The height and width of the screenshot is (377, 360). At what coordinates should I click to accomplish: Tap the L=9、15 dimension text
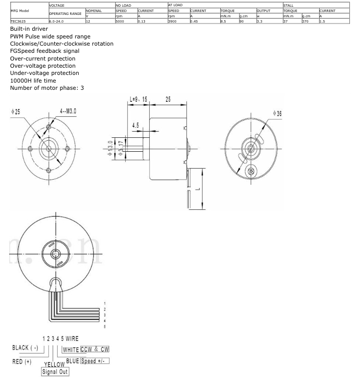coord(139,99)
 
